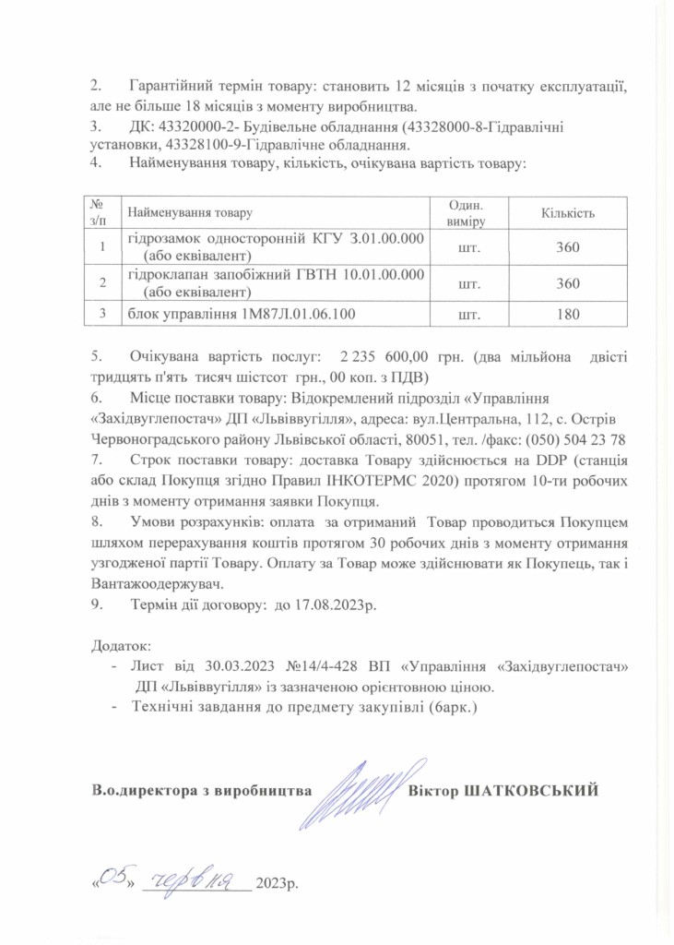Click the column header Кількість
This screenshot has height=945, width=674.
click(568, 213)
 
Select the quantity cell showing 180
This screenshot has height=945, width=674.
click(568, 315)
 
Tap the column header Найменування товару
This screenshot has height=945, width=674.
click(189, 213)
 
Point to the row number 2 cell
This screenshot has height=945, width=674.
click(103, 281)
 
